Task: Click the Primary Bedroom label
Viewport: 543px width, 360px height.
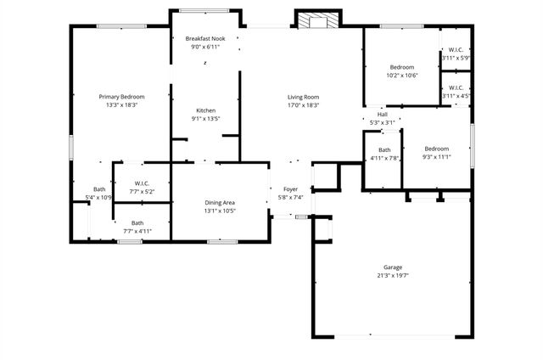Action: click(x=121, y=97)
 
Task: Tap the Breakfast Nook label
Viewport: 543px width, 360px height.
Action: click(x=206, y=39)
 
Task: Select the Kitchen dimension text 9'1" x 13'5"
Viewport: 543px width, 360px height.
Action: click(x=206, y=119)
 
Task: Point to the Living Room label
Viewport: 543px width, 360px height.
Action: click(x=303, y=97)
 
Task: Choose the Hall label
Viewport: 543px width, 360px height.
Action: click(x=382, y=115)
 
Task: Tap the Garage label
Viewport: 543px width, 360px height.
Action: click(x=392, y=267)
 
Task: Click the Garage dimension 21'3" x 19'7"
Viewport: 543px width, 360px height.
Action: click(x=392, y=276)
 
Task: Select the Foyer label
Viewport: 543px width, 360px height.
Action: click(x=290, y=189)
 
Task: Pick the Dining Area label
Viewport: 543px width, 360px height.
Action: click(x=220, y=202)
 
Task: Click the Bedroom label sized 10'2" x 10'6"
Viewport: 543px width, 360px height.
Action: click(x=402, y=67)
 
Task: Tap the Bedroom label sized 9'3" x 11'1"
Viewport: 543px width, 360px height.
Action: click(x=436, y=149)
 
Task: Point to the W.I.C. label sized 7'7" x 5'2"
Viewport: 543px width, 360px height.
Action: click(x=143, y=183)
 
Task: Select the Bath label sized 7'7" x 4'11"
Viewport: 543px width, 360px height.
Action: click(x=137, y=222)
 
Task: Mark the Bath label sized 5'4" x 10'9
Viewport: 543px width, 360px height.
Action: click(x=99, y=189)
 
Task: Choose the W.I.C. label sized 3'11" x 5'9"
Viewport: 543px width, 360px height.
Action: click(x=456, y=49)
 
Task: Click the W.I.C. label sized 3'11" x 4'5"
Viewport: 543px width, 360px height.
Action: click(x=456, y=87)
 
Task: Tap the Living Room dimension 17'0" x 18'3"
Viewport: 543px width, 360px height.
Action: click(x=303, y=105)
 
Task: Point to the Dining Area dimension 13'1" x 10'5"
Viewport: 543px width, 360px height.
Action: click(x=220, y=211)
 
